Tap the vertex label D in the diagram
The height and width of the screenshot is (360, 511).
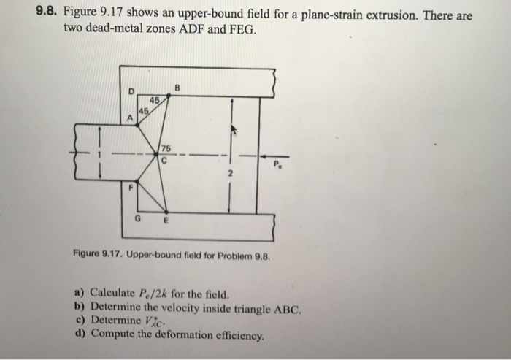[x=131, y=91]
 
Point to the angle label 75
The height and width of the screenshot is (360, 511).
[x=166, y=149]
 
